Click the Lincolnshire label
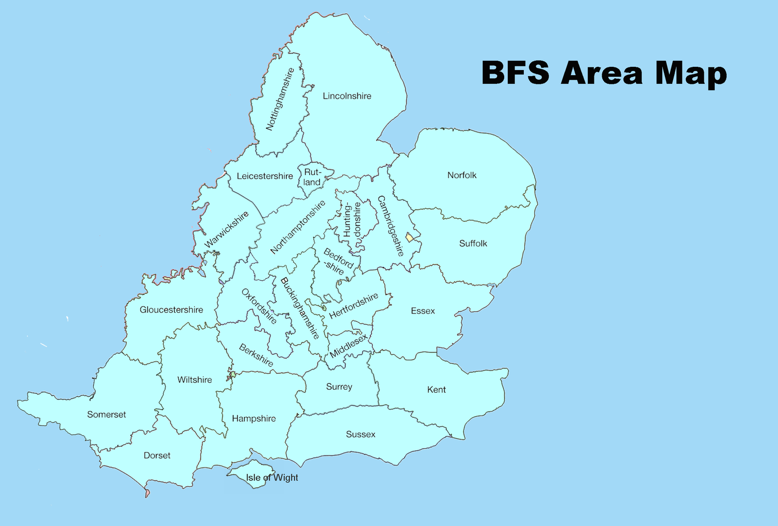point(347,96)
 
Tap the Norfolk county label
point(462,175)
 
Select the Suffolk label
point(473,243)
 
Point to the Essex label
point(423,311)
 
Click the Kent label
point(436,390)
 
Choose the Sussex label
point(360,434)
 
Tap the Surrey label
point(339,387)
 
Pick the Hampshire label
point(254,419)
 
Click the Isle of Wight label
point(272,478)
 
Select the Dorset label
point(157,456)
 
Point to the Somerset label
point(106,415)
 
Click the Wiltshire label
point(195,380)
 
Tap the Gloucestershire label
point(171,310)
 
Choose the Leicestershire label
point(265,176)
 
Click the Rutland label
point(312,177)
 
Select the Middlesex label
point(349,346)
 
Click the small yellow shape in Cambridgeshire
point(409,237)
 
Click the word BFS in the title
point(516,73)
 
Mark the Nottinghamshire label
point(280,99)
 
